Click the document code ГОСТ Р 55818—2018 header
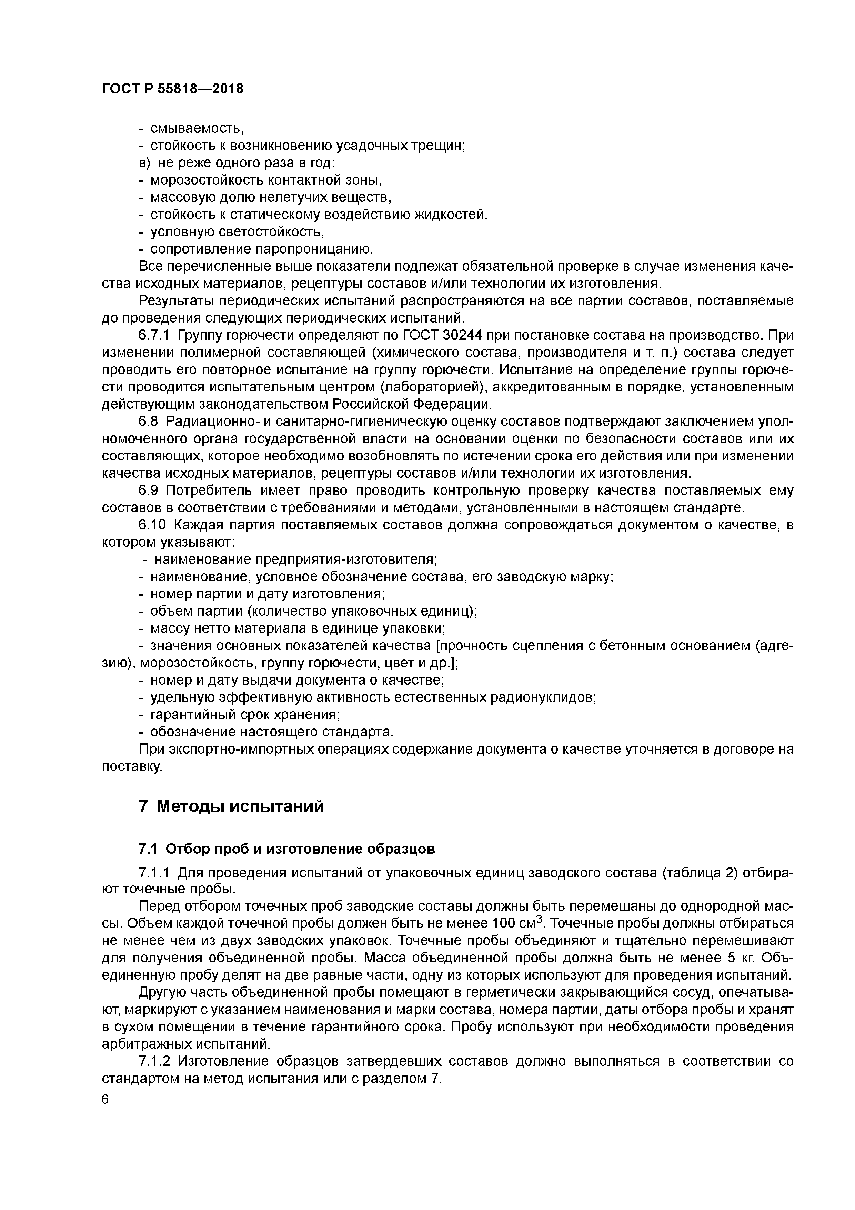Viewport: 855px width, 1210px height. click(x=172, y=89)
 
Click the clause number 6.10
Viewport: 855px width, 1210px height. click(x=152, y=525)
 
